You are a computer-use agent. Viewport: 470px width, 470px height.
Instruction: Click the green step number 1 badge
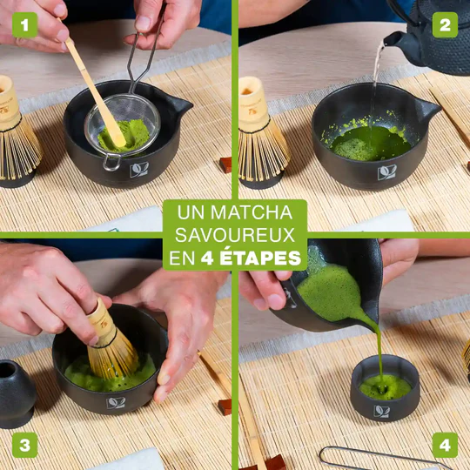pyautogui.click(x=25, y=25)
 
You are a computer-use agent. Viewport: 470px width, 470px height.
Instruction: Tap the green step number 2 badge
pyautogui.click(x=445, y=25)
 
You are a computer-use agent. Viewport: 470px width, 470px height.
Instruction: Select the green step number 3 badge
pyautogui.click(x=25, y=445)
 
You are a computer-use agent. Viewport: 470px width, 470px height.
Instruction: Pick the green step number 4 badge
pyautogui.click(x=445, y=445)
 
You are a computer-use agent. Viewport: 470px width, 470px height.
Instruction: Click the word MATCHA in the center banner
pyautogui.click(x=252, y=212)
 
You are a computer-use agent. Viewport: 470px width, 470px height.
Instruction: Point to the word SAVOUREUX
pyautogui.click(x=235, y=235)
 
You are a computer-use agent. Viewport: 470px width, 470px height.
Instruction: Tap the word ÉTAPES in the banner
pyautogui.click(x=260, y=257)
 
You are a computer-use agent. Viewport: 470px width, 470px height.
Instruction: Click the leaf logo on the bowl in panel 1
pyautogui.click(x=139, y=170)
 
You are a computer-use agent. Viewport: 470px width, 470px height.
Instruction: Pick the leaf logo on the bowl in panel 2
pyautogui.click(x=387, y=172)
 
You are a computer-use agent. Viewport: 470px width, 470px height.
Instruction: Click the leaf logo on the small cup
pyautogui.click(x=381, y=411)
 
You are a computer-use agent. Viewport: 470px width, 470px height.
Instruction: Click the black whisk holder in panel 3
pyautogui.click(x=17, y=393)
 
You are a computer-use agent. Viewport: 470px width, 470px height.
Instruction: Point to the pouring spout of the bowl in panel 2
pyautogui.click(x=428, y=111)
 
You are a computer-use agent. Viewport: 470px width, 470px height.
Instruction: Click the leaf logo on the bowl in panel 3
pyautogui.click(x=116, y=403)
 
